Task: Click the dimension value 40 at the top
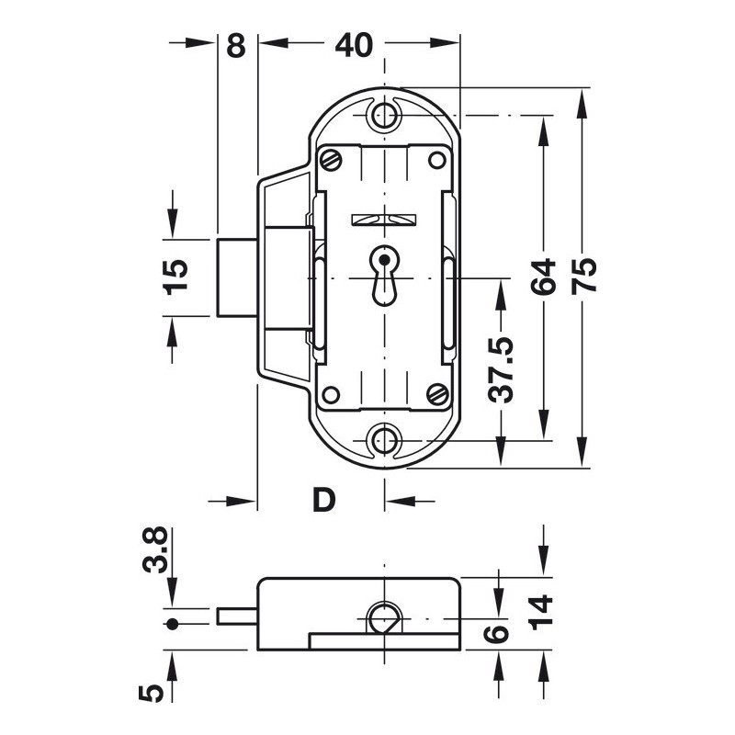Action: tap(354, 45)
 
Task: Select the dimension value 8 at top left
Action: tap(236, 45)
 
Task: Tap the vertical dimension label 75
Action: tap(584, 277)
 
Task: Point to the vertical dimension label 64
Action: tap(543, 277)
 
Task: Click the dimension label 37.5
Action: tap(501, 370)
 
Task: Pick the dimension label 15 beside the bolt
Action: tap(175, 277)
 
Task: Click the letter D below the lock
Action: tap(324, 500)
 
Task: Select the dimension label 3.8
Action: tap(155, 549)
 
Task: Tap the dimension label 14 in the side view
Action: tap(541, 612)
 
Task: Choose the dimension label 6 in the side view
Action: tap(496, 634)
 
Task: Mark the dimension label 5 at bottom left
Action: tap(152, 694)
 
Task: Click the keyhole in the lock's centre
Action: tap(384, 277)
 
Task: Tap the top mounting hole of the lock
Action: tap(384, 114)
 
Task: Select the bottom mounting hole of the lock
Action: tap(384, 440)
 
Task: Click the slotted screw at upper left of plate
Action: tap(332, 160)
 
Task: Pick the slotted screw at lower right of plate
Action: tap(437, 394)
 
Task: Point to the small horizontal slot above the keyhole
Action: tap(384, 220)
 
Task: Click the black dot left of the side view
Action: tap(173, 624)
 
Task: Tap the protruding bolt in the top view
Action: tap(237, 277)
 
